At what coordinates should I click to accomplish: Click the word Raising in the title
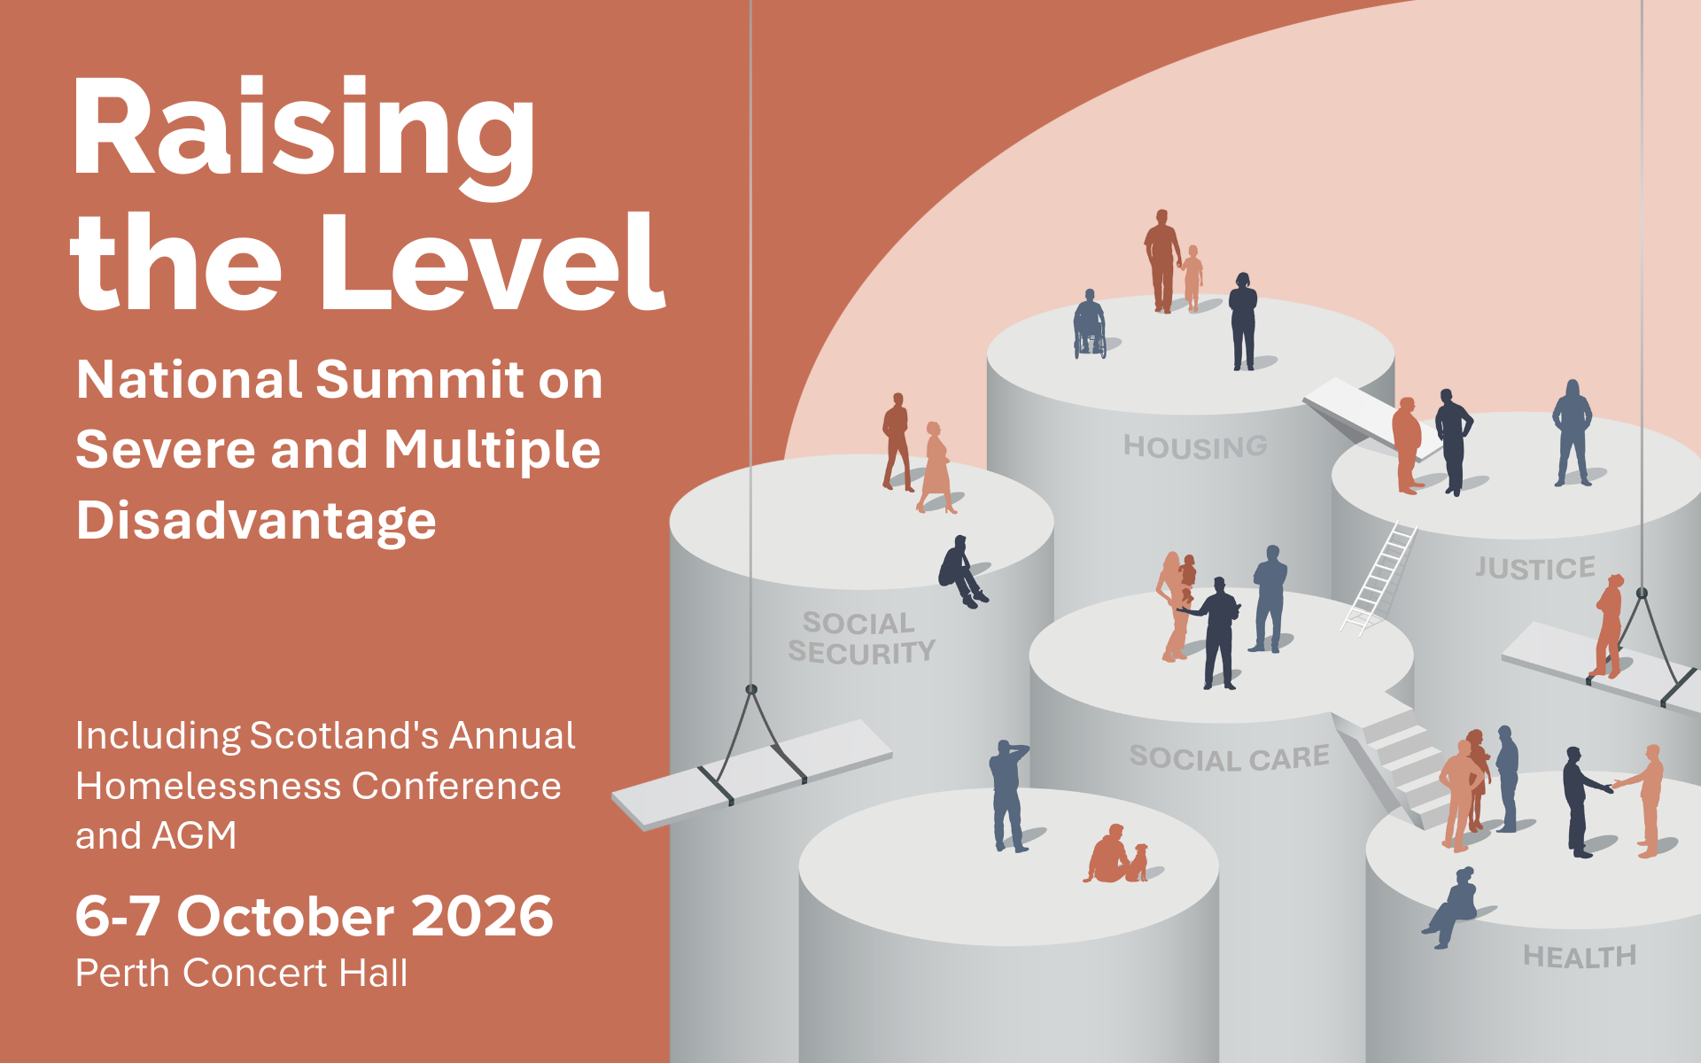(x=304, y=137)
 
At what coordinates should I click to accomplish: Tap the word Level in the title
(x=493, y=262)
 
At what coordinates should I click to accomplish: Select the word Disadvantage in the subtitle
(x=256, y=520)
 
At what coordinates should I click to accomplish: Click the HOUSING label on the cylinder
(x=1195, y=446)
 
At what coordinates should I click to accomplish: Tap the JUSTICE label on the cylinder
(x=1535, y=568)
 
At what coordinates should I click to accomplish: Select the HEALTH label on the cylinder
(x=1580, y=957)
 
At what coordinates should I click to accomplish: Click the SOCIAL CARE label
(x=1230, y=758)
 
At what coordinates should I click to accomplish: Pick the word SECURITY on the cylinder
(x=861, y=652)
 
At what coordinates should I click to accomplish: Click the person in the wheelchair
(x=1090, y=324)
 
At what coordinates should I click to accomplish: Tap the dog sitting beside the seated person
(x=1137, y=863)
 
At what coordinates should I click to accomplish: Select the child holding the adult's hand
(x=1192, y=278)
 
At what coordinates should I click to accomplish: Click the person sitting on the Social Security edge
(x=962, y=571)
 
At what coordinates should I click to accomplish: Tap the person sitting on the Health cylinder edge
(x=1454, y=907)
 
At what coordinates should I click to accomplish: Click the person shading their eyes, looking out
(x=1009, y=795)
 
